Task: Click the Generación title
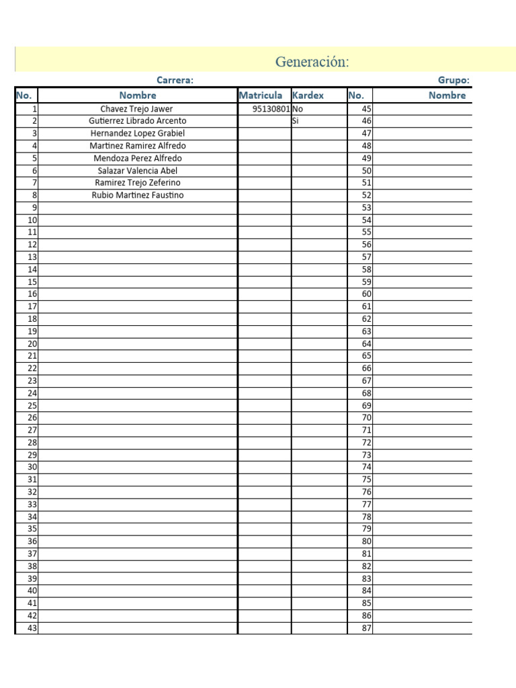(x=312, y=62)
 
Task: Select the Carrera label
(x=175, y=81)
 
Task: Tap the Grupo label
(x=454, y=81)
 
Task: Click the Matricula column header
(x=261, y=95)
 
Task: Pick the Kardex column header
(x=308, y=95)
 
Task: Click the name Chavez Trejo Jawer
(x=136, y=109)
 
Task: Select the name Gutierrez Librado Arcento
(x=138, y=121)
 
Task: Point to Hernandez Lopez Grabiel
(x=138, y=134)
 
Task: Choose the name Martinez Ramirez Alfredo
(x=138, y=146)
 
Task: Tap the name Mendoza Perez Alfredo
(x=138, y=159)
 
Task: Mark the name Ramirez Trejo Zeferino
(x=138, y=183)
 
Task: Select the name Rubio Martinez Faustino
(x=138, y=196)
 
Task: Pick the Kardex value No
(x=298, y=109)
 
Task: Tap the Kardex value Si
(x=295, y=121)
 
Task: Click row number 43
(x=32, y=628)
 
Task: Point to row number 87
(x=366, y=628)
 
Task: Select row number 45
(x=366, y=109)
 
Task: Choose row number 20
(x=32, y=344)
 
